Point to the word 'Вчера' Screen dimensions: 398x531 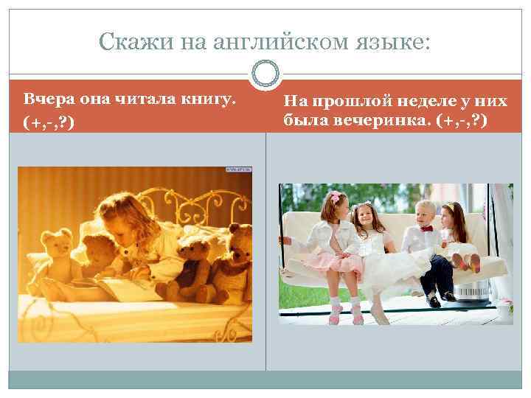(46, 99)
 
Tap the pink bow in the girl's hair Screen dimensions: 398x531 (335, 198)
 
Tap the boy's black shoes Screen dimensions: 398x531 (440, 299)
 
